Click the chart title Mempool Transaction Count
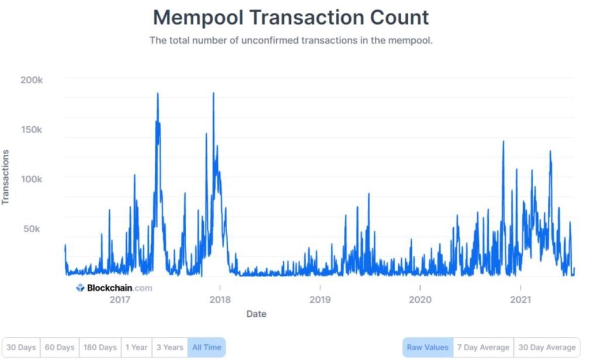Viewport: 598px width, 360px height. (x=291, y=17)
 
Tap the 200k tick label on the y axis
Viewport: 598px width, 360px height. (x=32, y=79)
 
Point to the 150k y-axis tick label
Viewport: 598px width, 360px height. (x=32, y=129)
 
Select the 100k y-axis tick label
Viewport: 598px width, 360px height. (x=32, y=179)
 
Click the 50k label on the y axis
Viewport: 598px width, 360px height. (x=33, y=229)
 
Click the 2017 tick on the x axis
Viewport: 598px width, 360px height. (x=120, y=300)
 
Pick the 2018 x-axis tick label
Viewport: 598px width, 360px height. (x=220, y=300)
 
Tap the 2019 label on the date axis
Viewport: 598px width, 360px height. (x=320, y=300)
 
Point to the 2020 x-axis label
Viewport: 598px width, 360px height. (x=420, y=300)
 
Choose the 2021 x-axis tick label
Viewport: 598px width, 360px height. (x=520, y=300)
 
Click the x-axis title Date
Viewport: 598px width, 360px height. (x=256, y=314)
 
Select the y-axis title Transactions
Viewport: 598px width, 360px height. (x=6, y=177)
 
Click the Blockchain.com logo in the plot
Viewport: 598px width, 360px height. (x=114, y=288)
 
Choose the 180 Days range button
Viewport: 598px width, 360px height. (x=99, y=347)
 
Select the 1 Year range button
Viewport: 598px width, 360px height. (x=136, y=347)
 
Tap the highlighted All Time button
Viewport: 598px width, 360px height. (x=206, y=347)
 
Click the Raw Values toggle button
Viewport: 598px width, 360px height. (x=427, y=347)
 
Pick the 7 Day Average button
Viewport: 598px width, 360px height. (x=483, y=347)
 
